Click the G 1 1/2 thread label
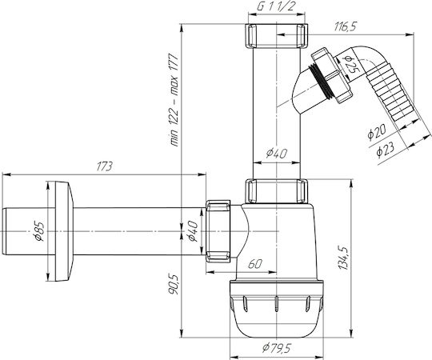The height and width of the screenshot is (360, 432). [x=276, y=6]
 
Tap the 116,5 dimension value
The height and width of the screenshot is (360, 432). [x=346, y=26]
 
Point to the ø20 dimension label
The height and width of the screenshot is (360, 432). [x=377, y=132]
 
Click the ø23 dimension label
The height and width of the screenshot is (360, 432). [x=385, y=150]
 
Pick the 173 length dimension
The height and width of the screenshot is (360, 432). [x=105, y=166]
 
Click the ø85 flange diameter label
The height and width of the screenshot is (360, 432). [x=39, y=231]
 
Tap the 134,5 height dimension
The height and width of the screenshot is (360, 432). [x=344, y=258]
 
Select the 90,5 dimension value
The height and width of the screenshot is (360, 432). [x=174, y=284]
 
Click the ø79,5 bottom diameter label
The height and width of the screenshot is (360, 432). [x=276, y=348]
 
